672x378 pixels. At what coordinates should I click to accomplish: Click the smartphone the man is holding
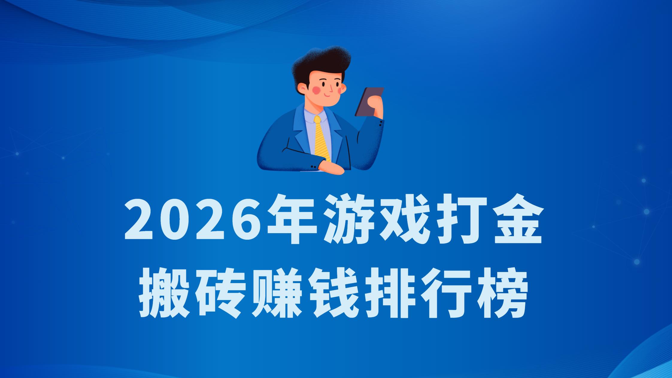369,102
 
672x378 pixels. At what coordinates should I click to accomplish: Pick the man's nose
330,88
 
